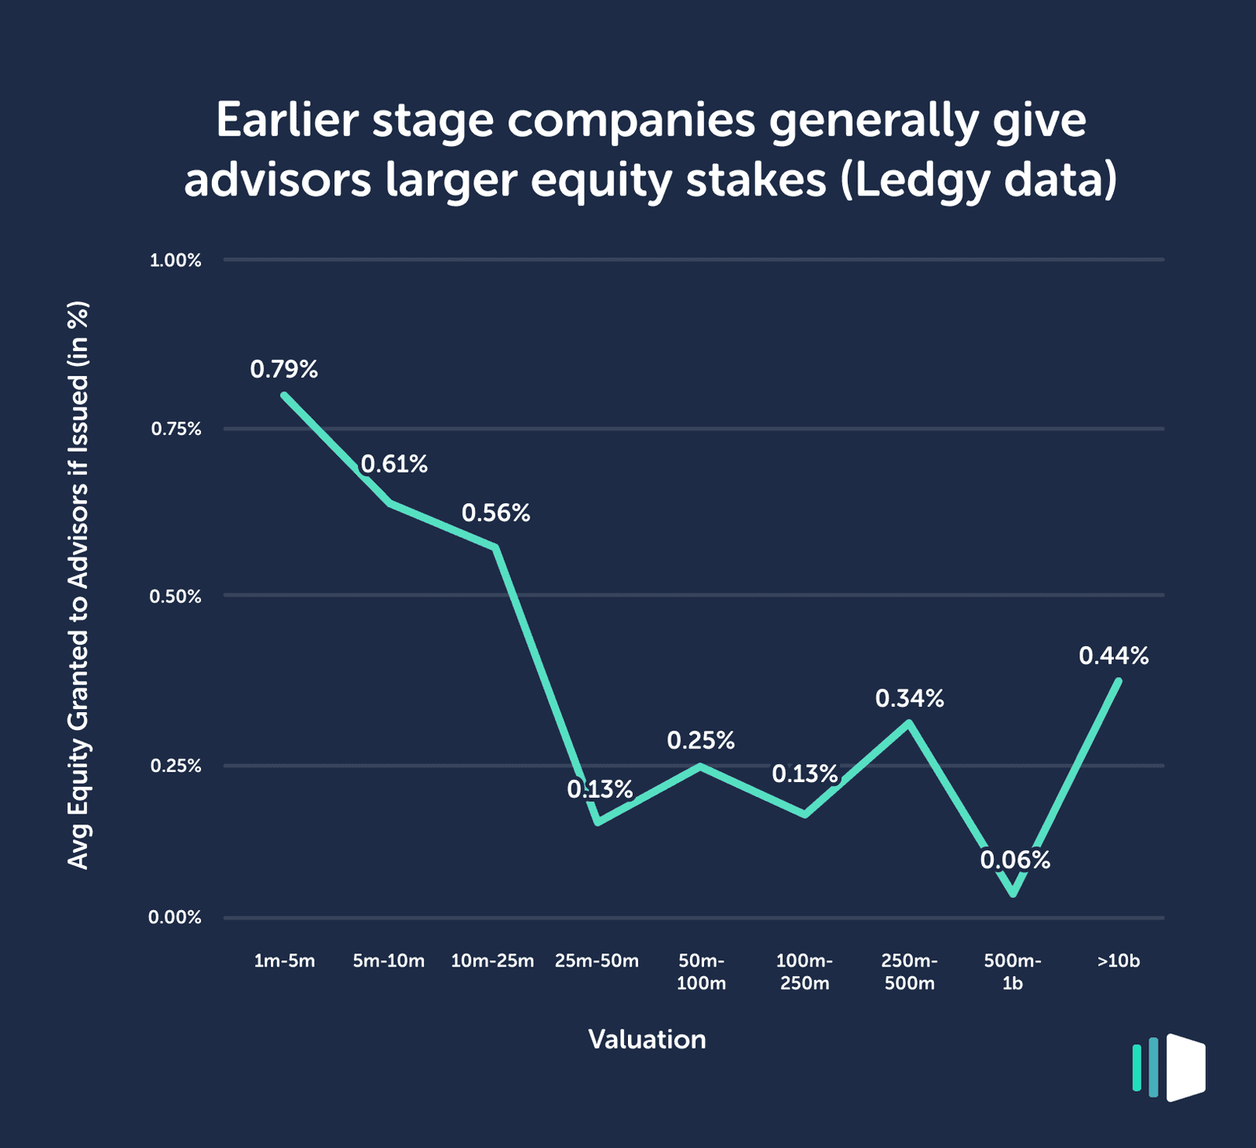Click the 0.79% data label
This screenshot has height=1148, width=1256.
click(x=284, y=370)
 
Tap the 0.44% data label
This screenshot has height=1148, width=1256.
click(x=1113, y=656)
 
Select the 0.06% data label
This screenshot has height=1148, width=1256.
click(x=1015, y=861)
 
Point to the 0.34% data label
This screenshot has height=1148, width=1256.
click(x=910, y=699)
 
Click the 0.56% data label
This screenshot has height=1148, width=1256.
click(x=496, y=514)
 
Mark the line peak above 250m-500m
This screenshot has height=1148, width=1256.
click(x=909, y=722)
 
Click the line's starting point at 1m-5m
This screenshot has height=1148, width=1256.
click(x=284, y=395)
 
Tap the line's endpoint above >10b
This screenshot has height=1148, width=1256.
click(x=1119, y=680)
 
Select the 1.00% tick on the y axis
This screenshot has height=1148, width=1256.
click(x=176, y=261)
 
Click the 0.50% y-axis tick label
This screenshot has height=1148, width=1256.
click(x=176, y=597)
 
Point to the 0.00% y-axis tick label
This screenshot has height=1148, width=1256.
click(x=176, y=917)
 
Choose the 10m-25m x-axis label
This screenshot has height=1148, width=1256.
click(x=492, y=961)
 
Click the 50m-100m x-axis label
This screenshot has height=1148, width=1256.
click(x=701, y=972)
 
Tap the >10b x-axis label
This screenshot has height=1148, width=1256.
click(x=1119, y=961)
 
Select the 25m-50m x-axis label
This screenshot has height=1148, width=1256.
click(x=597, y=961)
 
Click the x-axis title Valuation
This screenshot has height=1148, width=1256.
click(x=647, y=1040)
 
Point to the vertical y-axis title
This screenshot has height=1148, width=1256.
click(x=78, y=585)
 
